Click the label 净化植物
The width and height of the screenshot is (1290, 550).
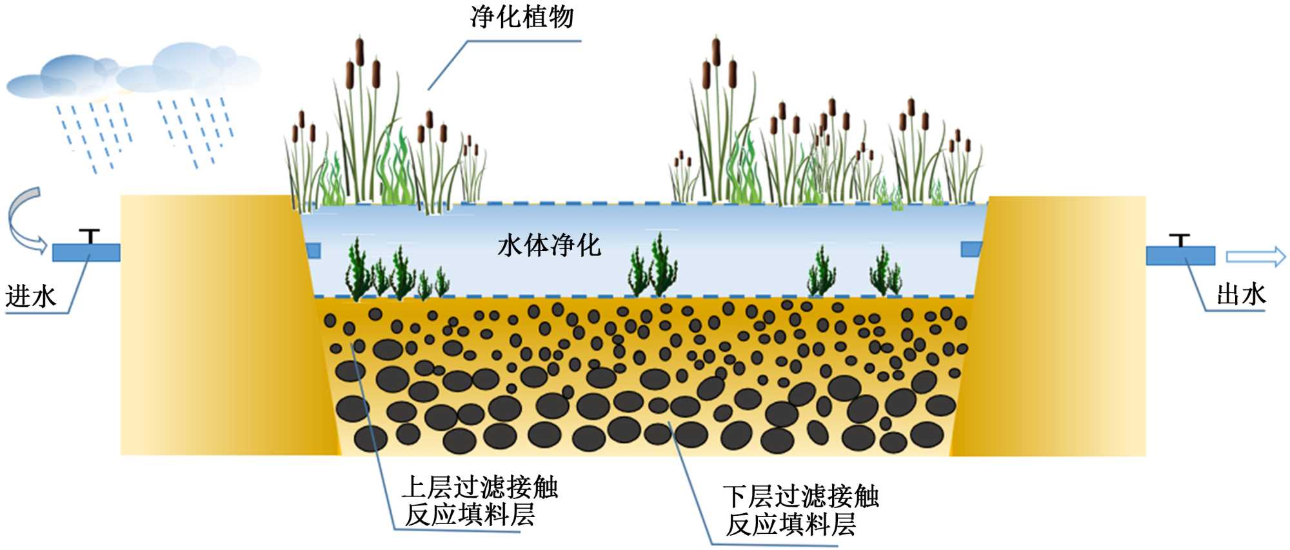pos(522,17)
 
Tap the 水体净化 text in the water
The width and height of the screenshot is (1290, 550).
pos(549,245)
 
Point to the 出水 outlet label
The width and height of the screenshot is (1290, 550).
pos(1241,295)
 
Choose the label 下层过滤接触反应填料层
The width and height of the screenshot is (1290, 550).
pos(800,511)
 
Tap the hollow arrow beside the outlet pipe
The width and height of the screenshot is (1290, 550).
pos(1255,256)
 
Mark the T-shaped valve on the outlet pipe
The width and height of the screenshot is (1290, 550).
pos(1180,239)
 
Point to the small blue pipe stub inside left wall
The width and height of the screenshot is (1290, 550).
pos(313,250)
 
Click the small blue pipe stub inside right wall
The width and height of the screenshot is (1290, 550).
pos(971,249)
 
